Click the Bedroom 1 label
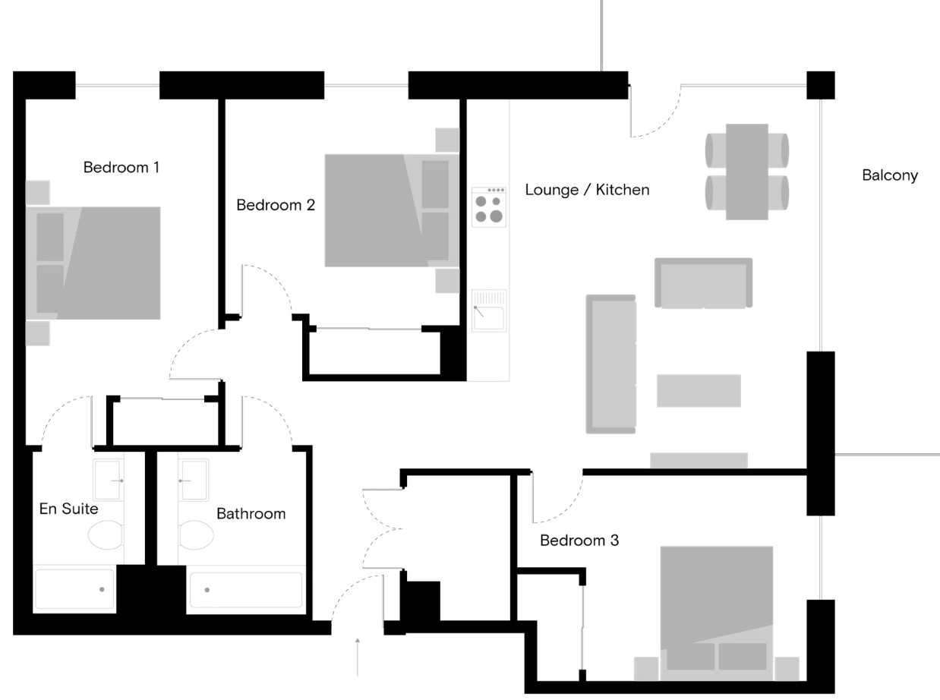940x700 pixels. (121, 167)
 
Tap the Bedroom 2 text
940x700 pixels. (276, 205)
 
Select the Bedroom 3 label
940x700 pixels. (579, 541)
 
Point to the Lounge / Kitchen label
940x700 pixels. (587, 190)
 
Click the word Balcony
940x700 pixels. (890, 175)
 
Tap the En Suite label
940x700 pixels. (68, 509)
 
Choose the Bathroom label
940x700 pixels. (251, 513)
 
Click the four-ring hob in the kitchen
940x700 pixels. (489, 207)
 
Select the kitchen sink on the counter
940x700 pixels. (489, 311)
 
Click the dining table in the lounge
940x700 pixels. (746, 172)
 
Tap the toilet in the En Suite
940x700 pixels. (106, 534)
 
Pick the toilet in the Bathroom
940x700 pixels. (196, 534)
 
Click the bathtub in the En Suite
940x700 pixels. (74, 589)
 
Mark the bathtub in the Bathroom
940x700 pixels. (246, 590)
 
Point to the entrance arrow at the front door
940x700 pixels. (358, 657)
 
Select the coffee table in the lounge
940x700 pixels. (699, 391)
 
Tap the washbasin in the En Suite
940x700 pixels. (108, 480)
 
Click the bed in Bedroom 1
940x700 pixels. (93, 263)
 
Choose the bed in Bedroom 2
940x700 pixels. (392, 210)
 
